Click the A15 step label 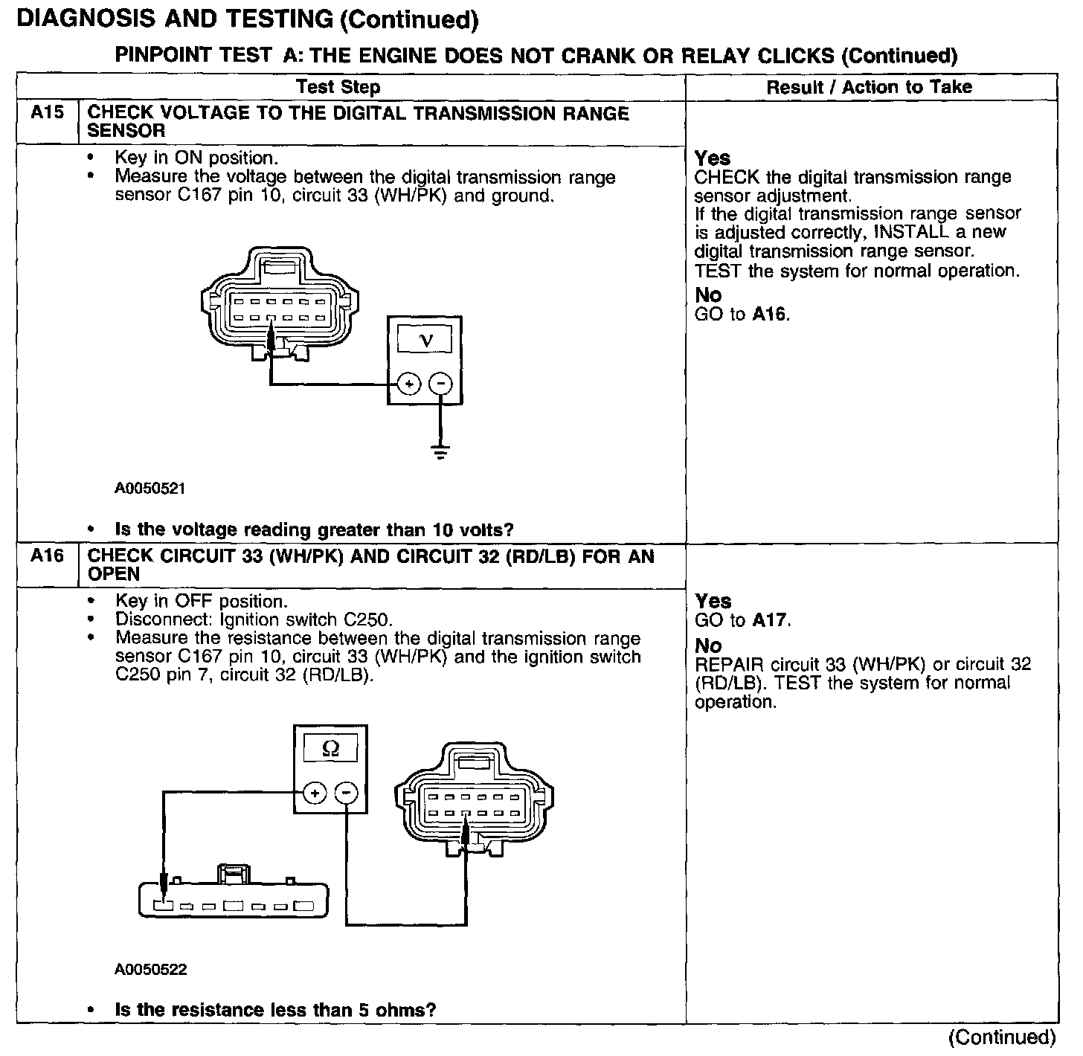pyautogui.click(x=47, y=113)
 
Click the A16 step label pyautogui.click(x=47, y=556)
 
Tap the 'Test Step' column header pyautogui.click(x=338, y=87)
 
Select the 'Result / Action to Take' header pyautogui.click(x=869, y=87)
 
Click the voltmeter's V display pyautogui.click(x=425, y=341)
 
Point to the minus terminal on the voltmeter pyautogui.click(x=440, y=384)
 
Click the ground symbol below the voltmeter pyautogui.click(x=440, y=451)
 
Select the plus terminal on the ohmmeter pyautogui.click(x=315, y=793)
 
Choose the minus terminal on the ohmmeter pyautogui.click(x=346, y=793)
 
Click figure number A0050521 pyautogui.click(x=150, y=489)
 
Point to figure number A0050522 pyautogui.click(x=150, y=970)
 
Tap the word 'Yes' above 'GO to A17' pyautogui.click(x=713, y=601)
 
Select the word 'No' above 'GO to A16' pyautogui.click(x=708, y=294)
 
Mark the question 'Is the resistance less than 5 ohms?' pyautogui.click(x=275, y=1010)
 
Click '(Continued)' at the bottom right pyautogui.click(x=1002, y=1037)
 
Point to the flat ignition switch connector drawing pyautogui.click(x=234, y=896)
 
